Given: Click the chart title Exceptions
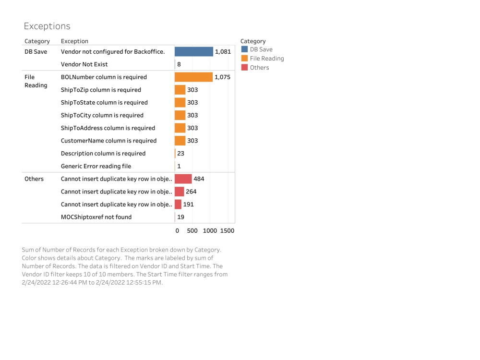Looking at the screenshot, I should click(x=47, y=26).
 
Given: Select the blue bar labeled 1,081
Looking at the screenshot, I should click(x=193, y=51).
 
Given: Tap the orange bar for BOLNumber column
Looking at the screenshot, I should click(x=193, y=77).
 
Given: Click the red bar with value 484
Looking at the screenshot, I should click(x=183, y=179).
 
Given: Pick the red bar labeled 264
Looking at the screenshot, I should click(x=179, y=192).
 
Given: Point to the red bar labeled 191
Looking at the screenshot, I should click(x=178, y=204).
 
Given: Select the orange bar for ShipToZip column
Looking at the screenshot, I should click(x=180, y=90).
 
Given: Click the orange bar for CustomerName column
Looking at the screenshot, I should click(x=180, y=141).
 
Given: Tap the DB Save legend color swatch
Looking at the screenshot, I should click(x=244, y=49).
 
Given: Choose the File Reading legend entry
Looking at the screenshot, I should click(x=266, y=59).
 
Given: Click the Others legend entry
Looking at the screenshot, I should click(x=259, y=68).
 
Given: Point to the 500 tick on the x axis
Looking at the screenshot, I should click(x=192, y=231).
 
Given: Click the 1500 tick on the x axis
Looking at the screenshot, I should click(x=227, y=231).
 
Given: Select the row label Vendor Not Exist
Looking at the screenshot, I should click(x=84, y=64).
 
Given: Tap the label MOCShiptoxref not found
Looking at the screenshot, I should click(x=96, y=217).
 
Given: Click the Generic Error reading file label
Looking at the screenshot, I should click(x=96, y=166).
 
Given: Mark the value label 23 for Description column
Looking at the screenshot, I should click(x=180, y=154).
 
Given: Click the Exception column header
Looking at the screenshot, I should click(x=74, y=41).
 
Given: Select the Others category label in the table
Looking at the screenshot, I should click(x=34, y=179).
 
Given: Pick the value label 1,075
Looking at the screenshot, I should click(x=222, y=77).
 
